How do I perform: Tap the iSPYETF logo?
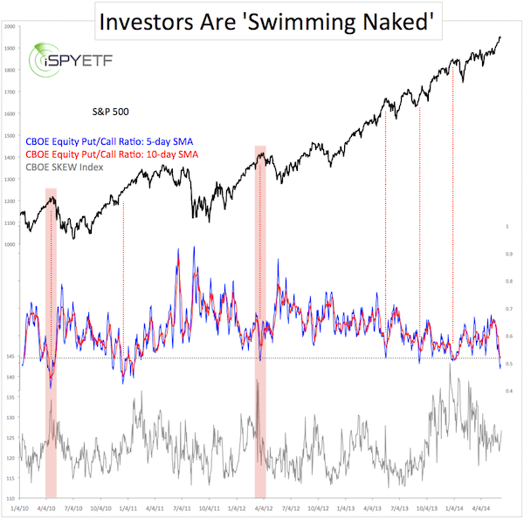58,64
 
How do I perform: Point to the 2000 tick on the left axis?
10,27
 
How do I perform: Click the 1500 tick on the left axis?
10,136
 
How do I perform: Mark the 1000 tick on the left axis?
10,245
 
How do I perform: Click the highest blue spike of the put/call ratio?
179,249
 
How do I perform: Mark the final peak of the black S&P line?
499,37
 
